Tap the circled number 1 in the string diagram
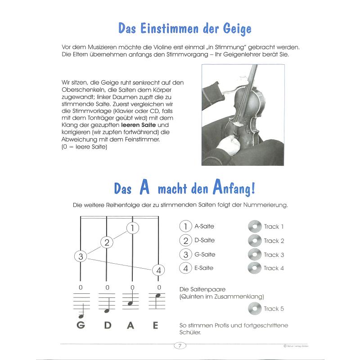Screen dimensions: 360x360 [x=132, y=228]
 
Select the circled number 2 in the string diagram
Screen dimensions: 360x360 [x=107, y=243]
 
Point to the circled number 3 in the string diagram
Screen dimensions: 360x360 [x=80, y=257]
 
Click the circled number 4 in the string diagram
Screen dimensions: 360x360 [x=158, y=270]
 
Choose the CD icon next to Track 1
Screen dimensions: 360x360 [x=254, y=227]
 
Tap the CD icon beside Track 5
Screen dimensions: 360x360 [x=254, y=309]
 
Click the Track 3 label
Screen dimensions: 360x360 [x=274, y=255]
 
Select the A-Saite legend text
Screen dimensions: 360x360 [x=204, y=226]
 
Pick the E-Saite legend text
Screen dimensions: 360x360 [x=204, y=268]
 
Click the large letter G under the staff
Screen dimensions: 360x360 [x=81, y=325]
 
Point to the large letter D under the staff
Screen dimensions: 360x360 [x=107, y=325]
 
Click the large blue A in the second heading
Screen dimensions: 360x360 [x=144, y=187]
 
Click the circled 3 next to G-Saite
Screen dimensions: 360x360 [x=184, y=254]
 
